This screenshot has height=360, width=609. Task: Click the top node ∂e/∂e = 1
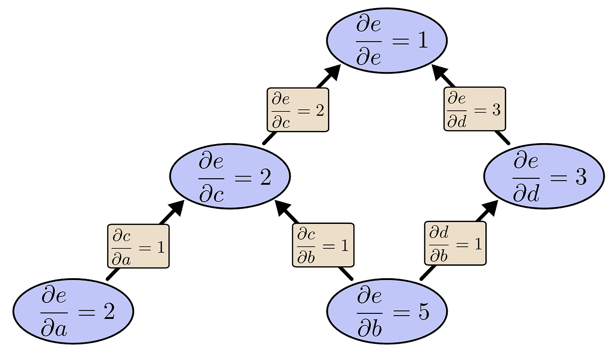[x=386, y=40]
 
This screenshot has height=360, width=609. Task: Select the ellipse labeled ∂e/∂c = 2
[x=230, y=176]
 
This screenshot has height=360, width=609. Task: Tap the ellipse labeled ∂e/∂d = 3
[x=544, y=176]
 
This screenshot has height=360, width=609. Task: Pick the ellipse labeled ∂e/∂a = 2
[x=73, y=311]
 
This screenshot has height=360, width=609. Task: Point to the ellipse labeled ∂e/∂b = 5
[x=386, y=311]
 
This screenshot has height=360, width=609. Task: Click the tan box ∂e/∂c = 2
[x=298, y=110]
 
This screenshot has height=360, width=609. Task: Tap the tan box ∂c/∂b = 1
[x=323, y=245]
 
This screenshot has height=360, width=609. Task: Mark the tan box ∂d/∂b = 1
[x=455, y=243]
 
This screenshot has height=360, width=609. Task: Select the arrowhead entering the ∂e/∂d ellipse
[x=491, y=207]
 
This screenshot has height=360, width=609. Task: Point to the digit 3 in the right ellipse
[x=580, y=176]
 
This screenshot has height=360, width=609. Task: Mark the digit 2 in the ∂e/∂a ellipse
[x=108, y=312]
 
